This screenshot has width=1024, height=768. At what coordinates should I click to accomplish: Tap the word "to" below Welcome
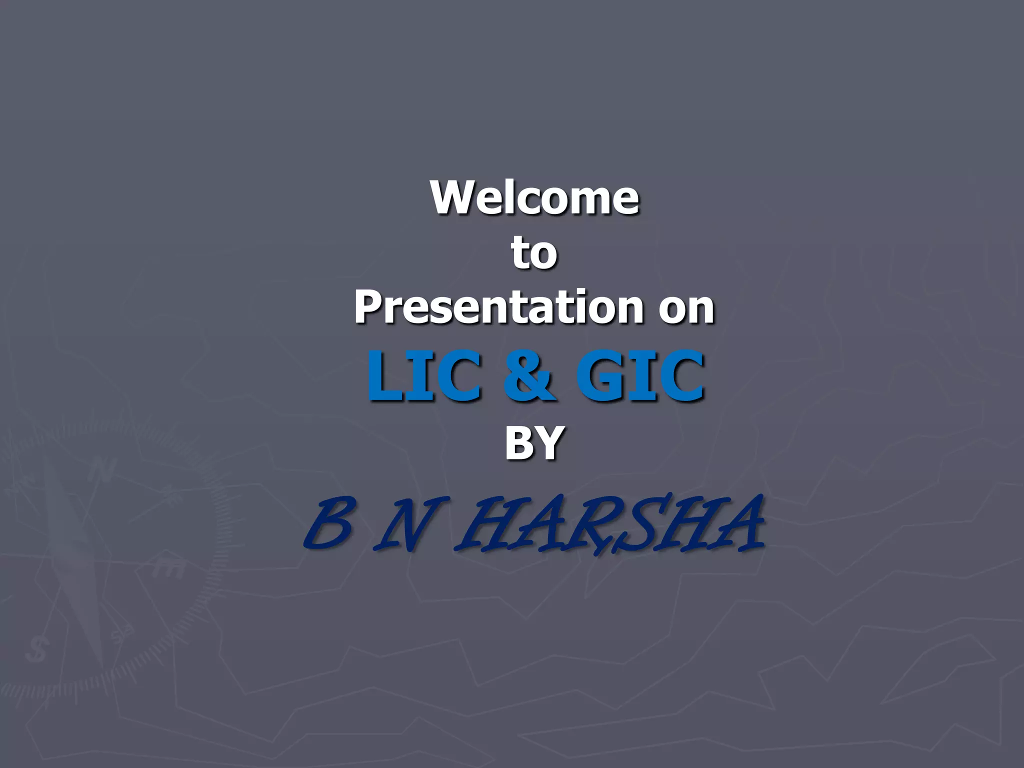click(x=533, y=252)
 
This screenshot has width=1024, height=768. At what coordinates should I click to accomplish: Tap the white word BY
click(x=534, y=442)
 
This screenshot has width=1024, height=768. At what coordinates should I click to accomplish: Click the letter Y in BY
click(x=549, y=442)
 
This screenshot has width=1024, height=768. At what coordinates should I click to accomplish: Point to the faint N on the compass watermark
click(x=102, y=470)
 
